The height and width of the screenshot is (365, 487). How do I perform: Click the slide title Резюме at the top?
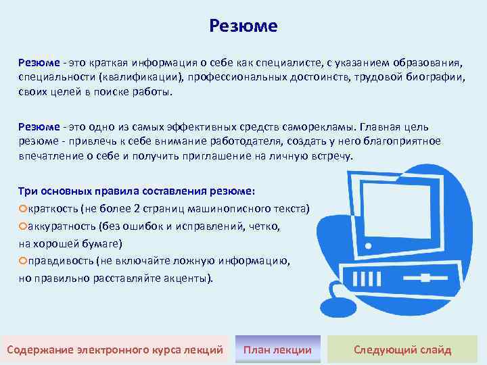coord(243,26)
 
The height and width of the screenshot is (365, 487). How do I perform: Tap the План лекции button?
coord(277,349)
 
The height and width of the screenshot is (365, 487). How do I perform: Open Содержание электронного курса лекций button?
coord(114,349)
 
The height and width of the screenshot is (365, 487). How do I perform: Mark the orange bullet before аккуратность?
coord(22,226)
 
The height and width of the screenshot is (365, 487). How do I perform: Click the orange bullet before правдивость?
coord(22,261)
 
